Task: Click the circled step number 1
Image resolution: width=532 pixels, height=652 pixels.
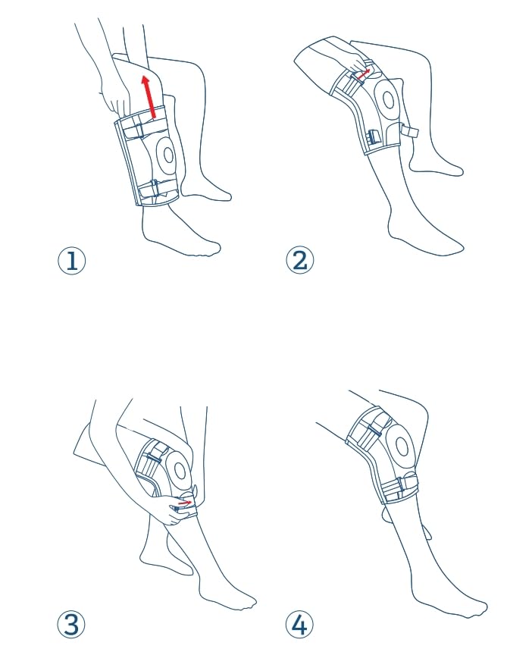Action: (71, 261)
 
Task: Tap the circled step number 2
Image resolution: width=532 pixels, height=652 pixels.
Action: (299, 261)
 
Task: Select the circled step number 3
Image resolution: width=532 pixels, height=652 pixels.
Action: (71, 624)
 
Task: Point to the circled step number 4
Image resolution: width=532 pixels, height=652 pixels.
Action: (299, 624)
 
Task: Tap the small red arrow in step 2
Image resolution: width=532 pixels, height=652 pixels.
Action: (364, 74)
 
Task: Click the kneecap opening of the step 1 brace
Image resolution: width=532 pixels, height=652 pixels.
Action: (168, 155)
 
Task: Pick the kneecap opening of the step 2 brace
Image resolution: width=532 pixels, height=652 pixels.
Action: (389, 100)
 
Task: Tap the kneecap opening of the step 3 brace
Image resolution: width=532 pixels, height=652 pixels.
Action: (180, 471)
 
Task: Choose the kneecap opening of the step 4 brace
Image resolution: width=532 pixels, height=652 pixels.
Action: (401, 447)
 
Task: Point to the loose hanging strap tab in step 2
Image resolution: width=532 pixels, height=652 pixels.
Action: (408, 131)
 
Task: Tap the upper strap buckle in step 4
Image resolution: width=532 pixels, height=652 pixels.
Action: (374, 431)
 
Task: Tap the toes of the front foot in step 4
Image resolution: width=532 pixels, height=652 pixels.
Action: (478, 608)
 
